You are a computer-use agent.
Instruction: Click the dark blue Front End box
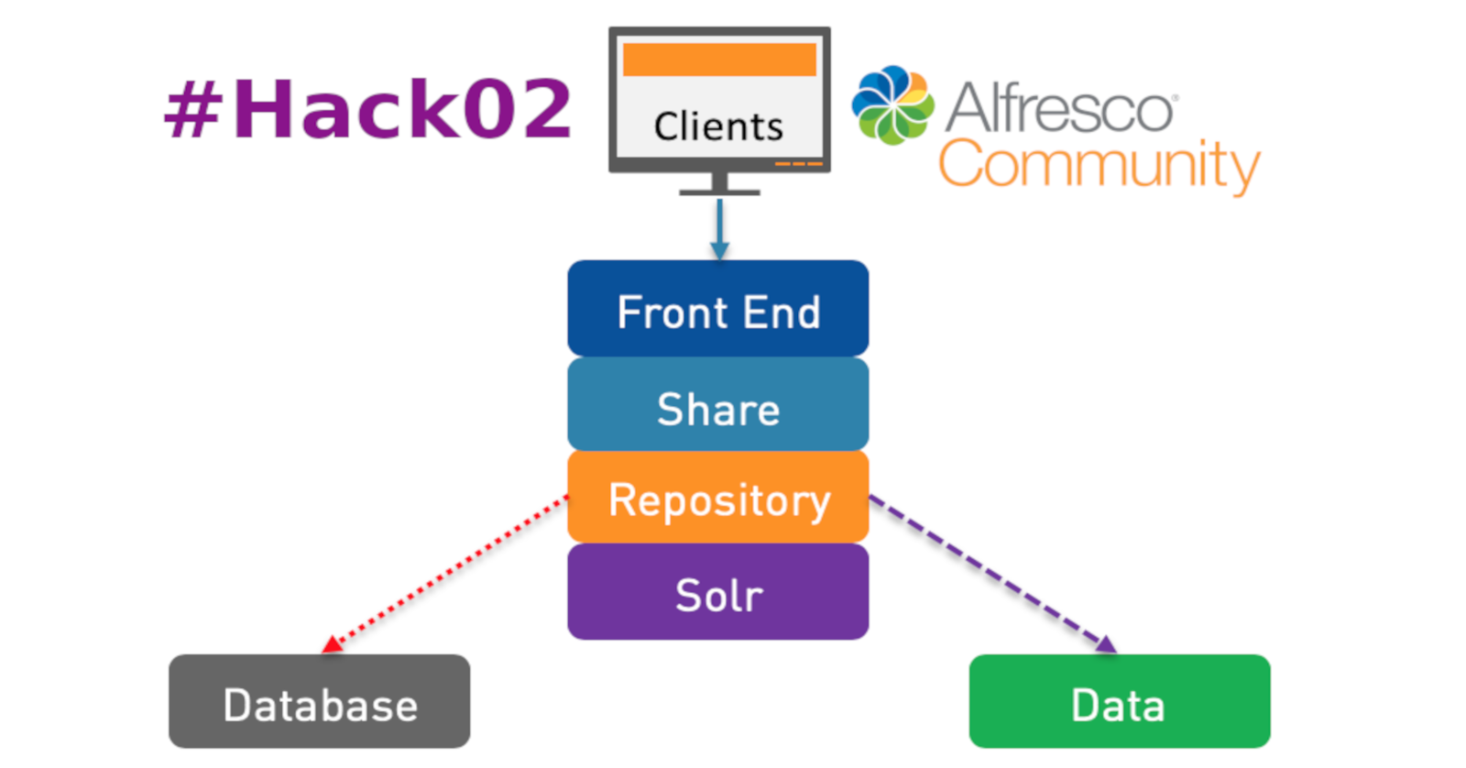point(717,309)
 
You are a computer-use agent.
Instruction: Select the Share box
point(717,405)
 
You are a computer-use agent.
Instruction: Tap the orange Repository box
point(717,498)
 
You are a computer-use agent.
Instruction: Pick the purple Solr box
point(717,592)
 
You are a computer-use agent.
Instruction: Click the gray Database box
point(319,702)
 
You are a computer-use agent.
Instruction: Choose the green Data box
point(1119,702)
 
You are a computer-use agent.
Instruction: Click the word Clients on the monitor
point(718,126)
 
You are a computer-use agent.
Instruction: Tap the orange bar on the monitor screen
point(719,60)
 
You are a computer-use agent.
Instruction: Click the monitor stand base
point(719,192)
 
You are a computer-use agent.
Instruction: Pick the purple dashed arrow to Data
point(990,573)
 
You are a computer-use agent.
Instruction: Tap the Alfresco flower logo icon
point(892,105)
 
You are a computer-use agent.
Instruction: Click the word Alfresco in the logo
point(1060,108)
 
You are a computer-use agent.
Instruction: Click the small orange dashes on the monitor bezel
point(799,164)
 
